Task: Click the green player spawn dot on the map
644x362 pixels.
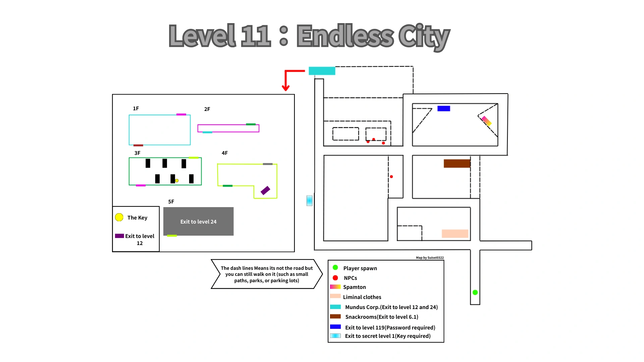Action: [x=475, y=293]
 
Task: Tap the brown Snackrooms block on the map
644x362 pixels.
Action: [x=457, y=163]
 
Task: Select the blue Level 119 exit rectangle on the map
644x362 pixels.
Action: [x=443, y=109]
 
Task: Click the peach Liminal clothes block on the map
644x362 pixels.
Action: [x=455, y=234]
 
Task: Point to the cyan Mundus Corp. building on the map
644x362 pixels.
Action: [x=322, y=71]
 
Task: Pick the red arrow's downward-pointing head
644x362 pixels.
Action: [x=286, y=88]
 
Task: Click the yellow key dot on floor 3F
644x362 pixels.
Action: [x=177, y=181]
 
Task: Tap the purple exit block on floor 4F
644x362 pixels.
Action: [x=265, y=190]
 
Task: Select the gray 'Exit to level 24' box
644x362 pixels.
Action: [x=198, y=222]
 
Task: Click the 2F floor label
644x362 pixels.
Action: [x=207, y=109]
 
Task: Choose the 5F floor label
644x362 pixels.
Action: [x=171, y=202]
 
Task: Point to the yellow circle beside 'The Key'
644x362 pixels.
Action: [x=119, y=217]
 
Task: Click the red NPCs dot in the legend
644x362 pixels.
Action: [x=335, y=278]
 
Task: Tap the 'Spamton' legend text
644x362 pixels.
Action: [x=354, y=287]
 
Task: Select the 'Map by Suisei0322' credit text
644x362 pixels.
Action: [x=430, y=258]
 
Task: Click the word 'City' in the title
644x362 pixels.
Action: [x=424, y=36]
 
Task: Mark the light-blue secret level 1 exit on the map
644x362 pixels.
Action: [x=309, y=200]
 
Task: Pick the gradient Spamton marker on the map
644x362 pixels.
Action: [x=487, y=121]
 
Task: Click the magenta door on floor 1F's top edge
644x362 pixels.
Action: [x=181, y=115]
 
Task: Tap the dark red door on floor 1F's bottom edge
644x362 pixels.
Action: [x=138, y=145]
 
